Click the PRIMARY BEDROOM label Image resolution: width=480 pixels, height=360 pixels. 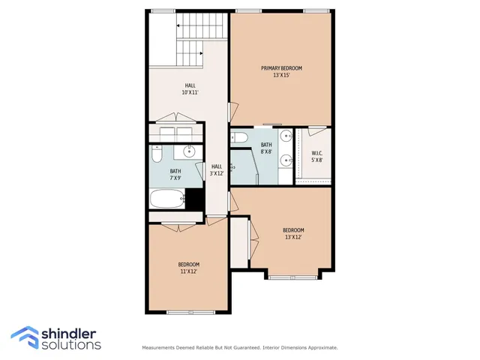tap(281, 68)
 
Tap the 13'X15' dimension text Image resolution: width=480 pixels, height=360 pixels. tap(281, 76)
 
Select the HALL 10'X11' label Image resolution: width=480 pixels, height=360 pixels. tap(190, 89)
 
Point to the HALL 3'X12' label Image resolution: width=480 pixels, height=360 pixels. tap(217, 170)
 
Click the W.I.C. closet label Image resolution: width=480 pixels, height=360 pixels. tap(317, 156)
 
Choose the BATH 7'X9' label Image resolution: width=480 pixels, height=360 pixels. tap(175, 175)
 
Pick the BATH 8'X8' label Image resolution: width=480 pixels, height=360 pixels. tap(266, 148)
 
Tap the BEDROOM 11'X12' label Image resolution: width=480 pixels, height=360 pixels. tap(188, 268)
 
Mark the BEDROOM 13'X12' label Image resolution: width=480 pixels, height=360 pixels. tap(292, 233)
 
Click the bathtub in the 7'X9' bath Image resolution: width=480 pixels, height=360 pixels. tap(166, 200)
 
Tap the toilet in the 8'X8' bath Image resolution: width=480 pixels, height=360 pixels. tap(240, 136)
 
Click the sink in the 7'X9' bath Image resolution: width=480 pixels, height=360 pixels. tap(189, 151)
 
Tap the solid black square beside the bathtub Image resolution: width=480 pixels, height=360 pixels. tap(195, 200)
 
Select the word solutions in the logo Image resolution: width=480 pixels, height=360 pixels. tap(71, 345)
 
